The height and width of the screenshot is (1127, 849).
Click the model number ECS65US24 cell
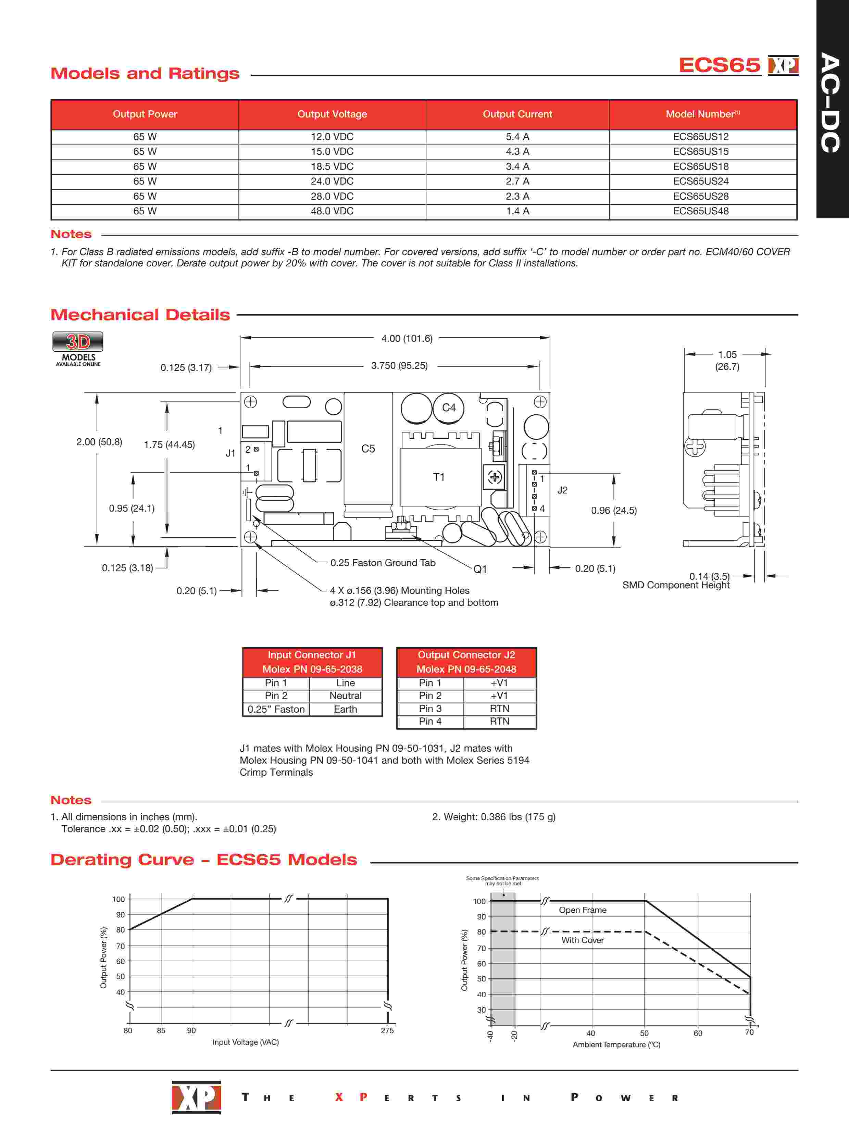[701, 181]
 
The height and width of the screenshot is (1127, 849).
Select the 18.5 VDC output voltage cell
[332, 167]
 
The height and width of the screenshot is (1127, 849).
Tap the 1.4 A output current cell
[517, 211]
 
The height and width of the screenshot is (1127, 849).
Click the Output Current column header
[517, 114]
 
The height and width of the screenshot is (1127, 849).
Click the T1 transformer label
[439, 477]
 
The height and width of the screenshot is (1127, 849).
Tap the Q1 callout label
[480, 569]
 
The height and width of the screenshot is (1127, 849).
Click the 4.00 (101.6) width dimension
[407, 338]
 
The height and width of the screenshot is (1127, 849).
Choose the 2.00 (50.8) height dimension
[99, 442]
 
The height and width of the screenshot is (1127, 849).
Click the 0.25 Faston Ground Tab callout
[383, 563]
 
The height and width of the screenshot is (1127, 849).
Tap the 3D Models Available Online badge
[78, 349]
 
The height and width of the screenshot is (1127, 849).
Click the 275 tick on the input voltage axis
[387, 1030]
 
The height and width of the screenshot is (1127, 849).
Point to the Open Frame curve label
[583, 910]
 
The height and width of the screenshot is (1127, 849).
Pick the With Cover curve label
[583, 940]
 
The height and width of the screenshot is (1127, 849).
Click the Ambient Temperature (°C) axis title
[616, 1044]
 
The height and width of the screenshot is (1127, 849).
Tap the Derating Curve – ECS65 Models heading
[204, 860]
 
